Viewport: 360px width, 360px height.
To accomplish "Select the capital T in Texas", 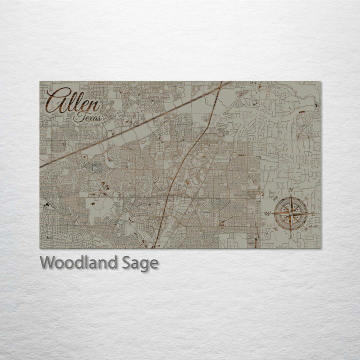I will [x=77, y=117].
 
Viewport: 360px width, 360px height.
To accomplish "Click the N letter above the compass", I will [x=291, y=190].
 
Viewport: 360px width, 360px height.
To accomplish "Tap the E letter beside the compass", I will [x=313, y=214].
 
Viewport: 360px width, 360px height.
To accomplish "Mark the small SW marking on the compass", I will [x=278, y=226].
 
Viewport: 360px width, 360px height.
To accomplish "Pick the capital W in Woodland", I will [x=47, y=262].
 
